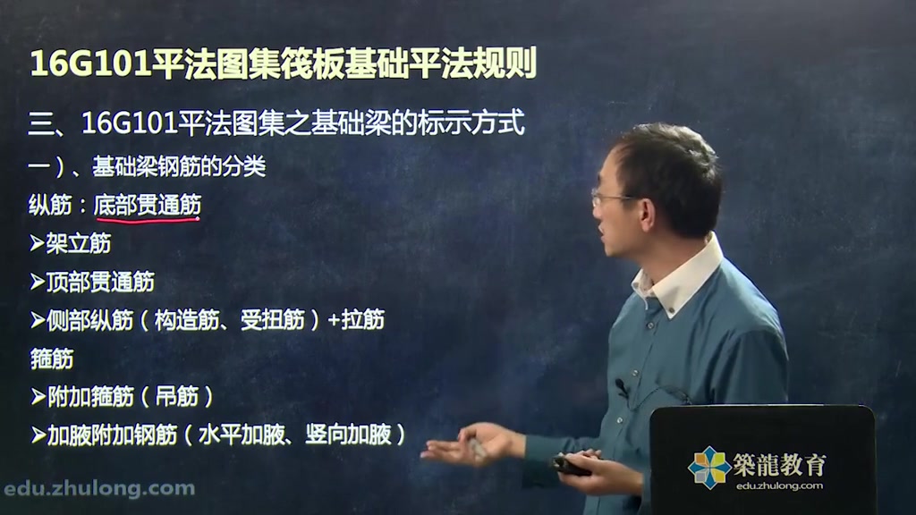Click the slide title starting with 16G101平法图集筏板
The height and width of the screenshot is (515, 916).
point(284,63)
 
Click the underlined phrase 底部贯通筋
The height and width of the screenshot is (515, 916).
point(148,206)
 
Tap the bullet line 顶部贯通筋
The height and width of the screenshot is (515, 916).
point(92,282)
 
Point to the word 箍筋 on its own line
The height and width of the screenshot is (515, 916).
point(51,359)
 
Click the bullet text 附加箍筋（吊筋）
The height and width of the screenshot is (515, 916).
point(122,397)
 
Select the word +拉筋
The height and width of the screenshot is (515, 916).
point(356,320)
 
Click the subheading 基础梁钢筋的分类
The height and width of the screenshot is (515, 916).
point(179,167)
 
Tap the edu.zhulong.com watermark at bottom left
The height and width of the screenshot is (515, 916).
point(99,489)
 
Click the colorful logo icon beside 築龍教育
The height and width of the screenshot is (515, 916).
point(709,467)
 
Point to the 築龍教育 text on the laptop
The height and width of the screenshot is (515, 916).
point(779,465)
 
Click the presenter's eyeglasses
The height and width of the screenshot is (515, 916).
point(610,198)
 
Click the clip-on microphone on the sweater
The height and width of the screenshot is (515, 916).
point(622,387)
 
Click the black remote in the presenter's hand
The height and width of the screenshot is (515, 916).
point(571,465)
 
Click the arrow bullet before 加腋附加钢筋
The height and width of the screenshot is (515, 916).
point(38,435)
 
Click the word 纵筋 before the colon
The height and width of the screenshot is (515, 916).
point(50,206)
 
